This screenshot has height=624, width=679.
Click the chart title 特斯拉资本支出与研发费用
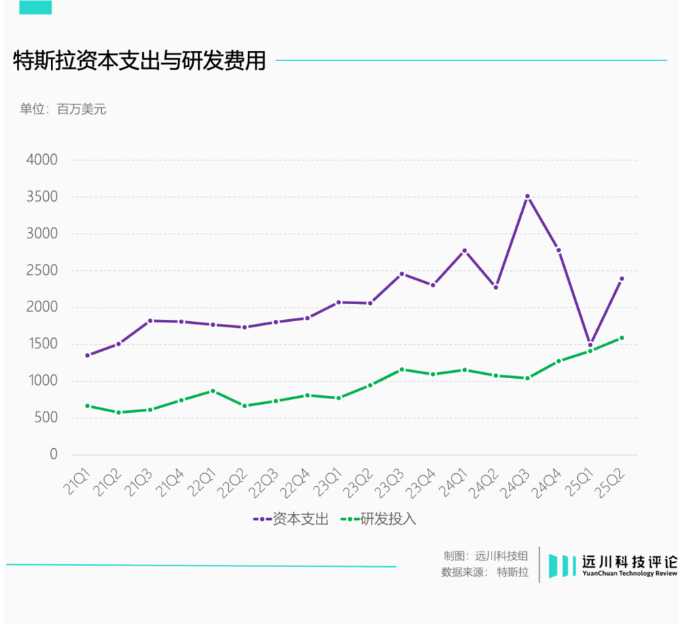[139, 60]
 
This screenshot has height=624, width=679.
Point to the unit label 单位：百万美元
[63, 109]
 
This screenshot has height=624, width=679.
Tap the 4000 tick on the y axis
[41, 160]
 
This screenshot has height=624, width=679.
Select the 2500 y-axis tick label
[41, 270]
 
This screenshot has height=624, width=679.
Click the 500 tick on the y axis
[45, 418]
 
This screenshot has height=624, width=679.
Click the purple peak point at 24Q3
[527, 197]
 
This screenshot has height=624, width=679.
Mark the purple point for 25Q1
[590, 345]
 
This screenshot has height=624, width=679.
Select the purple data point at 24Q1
[464, 251]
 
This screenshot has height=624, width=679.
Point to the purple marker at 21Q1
[87, 355]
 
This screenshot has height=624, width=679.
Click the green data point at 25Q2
[621, 337]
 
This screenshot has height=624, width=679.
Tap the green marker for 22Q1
[213, 391]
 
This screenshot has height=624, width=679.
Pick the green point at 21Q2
[118, 412]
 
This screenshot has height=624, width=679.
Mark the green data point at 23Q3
[401, 369]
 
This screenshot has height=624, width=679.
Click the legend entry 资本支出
[291, 519]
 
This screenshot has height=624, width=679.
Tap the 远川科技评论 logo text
[629, 563]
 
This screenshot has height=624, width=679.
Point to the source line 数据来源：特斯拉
[484, 572]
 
